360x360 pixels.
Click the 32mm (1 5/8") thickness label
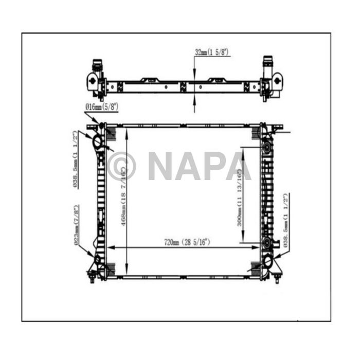click(212, 52)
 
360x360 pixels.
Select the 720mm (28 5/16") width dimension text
click(187, 241)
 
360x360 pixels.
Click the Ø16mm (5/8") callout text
click(101, 107)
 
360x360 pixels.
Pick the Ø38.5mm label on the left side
click(76, 159)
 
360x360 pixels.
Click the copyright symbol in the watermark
click(122, 166)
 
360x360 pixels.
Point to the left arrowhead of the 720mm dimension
click(111, 247)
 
